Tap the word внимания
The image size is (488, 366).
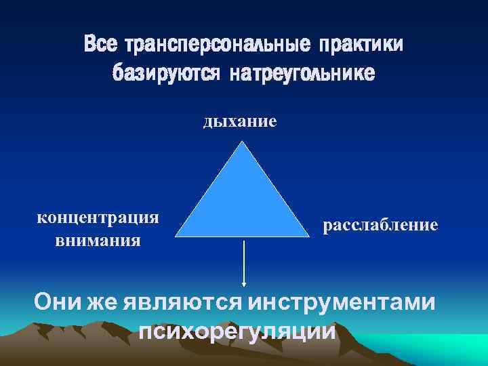tap(98, 240)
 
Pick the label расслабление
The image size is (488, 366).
tap(380, 224)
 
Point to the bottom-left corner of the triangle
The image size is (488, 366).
tap(177, 237)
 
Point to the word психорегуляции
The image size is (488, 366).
tap(237, 332)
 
